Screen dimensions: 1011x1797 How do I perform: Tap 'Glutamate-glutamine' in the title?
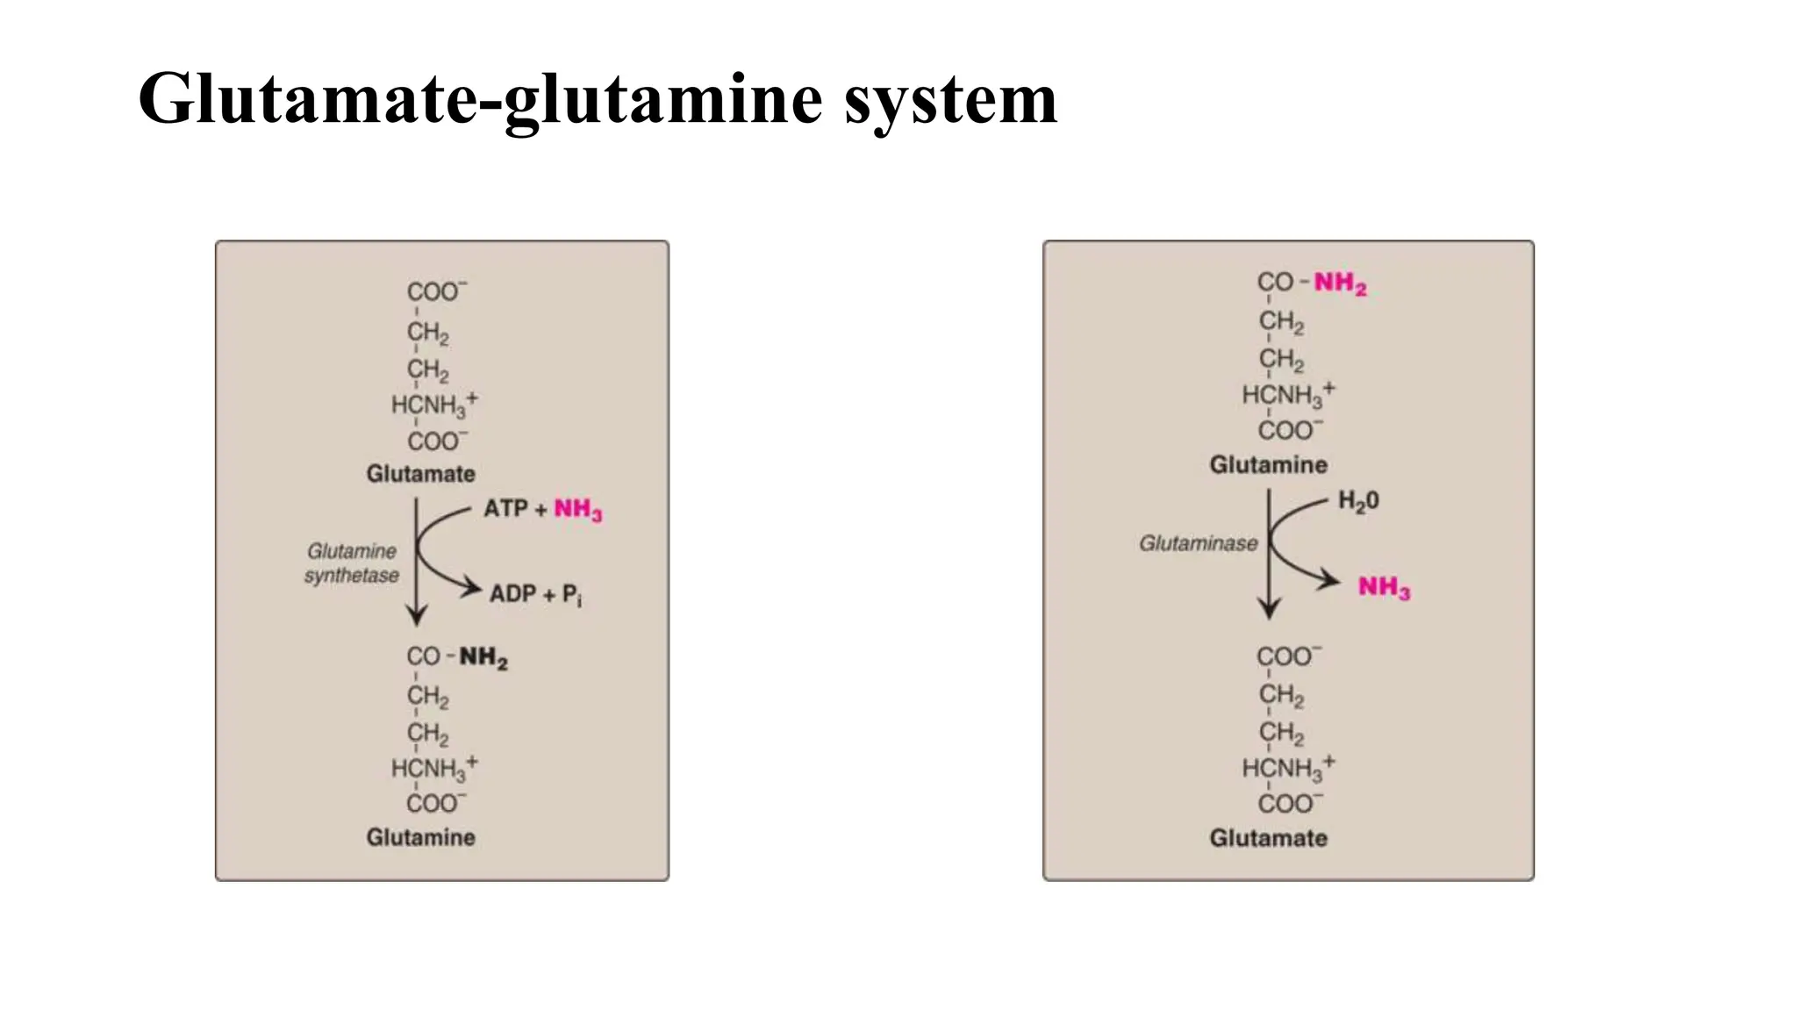click(480, 99)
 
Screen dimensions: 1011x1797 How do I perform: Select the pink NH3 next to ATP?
click(577, 510)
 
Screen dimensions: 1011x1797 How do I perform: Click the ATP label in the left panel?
click(505, 508)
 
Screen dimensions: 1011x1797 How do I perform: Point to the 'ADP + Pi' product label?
click(535, 594)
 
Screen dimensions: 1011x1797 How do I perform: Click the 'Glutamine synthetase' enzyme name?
click(352, 563)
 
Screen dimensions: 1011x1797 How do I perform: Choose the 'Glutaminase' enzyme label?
click(1198, 543)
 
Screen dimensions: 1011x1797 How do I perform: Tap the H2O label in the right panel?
click(1358, 501)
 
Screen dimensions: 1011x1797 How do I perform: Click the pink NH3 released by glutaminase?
click(1384, 586)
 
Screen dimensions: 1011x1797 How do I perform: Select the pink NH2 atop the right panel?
click(1340, 283)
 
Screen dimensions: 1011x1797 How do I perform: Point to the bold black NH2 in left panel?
click(483, 657)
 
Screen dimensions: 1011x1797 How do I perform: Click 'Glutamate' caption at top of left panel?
click(420, 474)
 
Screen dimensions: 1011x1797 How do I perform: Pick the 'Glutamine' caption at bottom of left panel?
click(420, 837)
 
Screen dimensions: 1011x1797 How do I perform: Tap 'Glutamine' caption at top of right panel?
click(1268, 464)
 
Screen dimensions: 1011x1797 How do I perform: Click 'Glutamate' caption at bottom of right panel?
click(1268, 838)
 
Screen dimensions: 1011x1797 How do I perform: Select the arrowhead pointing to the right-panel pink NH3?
click(1331, 580)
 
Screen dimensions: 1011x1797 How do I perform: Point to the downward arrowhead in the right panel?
click(1269, 608)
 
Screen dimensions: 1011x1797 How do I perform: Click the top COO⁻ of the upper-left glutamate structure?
click(436, 291)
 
